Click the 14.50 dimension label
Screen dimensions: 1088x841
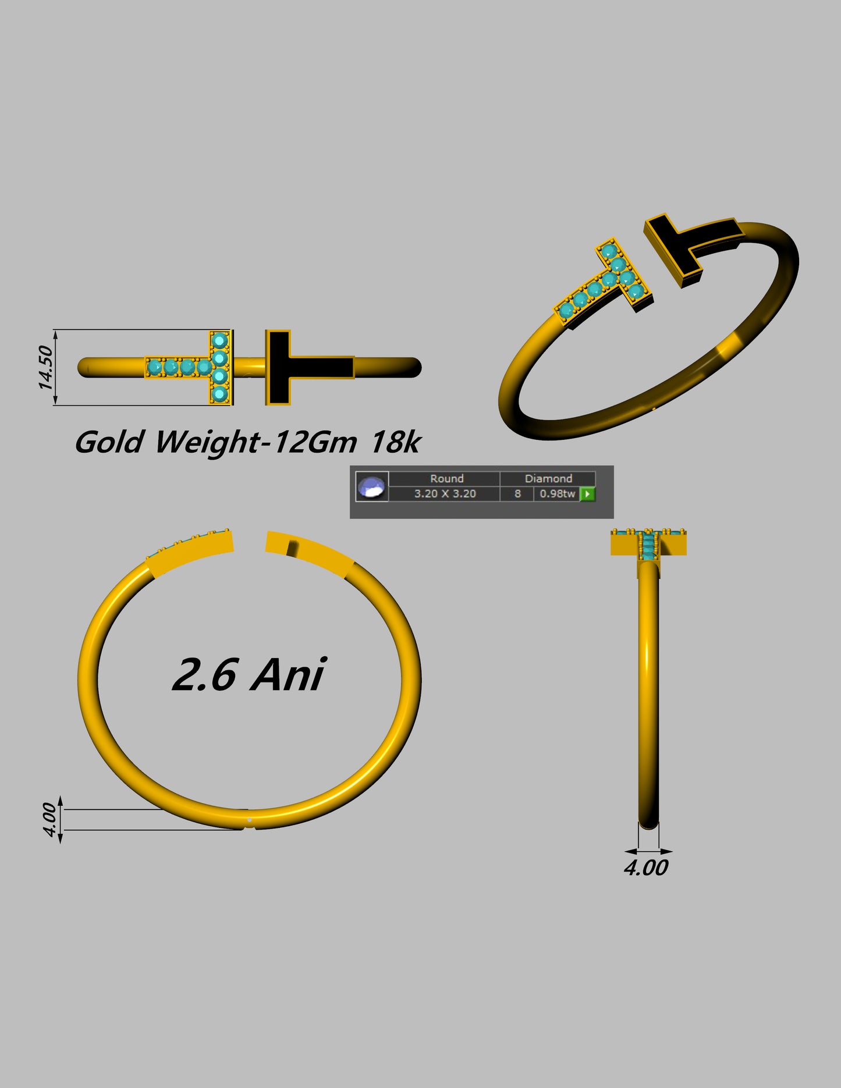pos(45,367)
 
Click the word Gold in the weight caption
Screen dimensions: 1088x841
pos(109,442)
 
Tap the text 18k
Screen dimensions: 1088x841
pos(395,442)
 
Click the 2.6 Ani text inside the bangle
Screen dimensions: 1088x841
pos(249,675)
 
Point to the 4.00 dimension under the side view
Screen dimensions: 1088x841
pos(646,868)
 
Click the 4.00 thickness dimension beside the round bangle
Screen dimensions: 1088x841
pos(50,820)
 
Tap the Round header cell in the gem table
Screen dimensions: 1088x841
pos(446,478)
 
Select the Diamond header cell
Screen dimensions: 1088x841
pos(548,478)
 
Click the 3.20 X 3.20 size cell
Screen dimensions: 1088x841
pos(445,494)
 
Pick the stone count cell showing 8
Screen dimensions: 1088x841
pos(517,494)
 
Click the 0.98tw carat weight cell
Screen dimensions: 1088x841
pos(557,494)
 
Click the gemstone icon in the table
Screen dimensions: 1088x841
pos(372,487)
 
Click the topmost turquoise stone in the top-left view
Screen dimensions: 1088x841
pos(219,340)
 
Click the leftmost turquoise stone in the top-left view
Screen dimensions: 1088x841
pos(155,368)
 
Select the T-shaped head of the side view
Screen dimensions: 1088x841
pos(648,544)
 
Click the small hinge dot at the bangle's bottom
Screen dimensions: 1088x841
pos(250,820)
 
